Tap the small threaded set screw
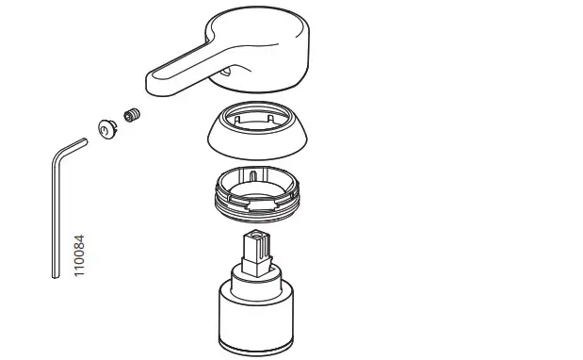click(133, 117)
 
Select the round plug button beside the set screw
click(106, 127)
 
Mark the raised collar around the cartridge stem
click(257, 270)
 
